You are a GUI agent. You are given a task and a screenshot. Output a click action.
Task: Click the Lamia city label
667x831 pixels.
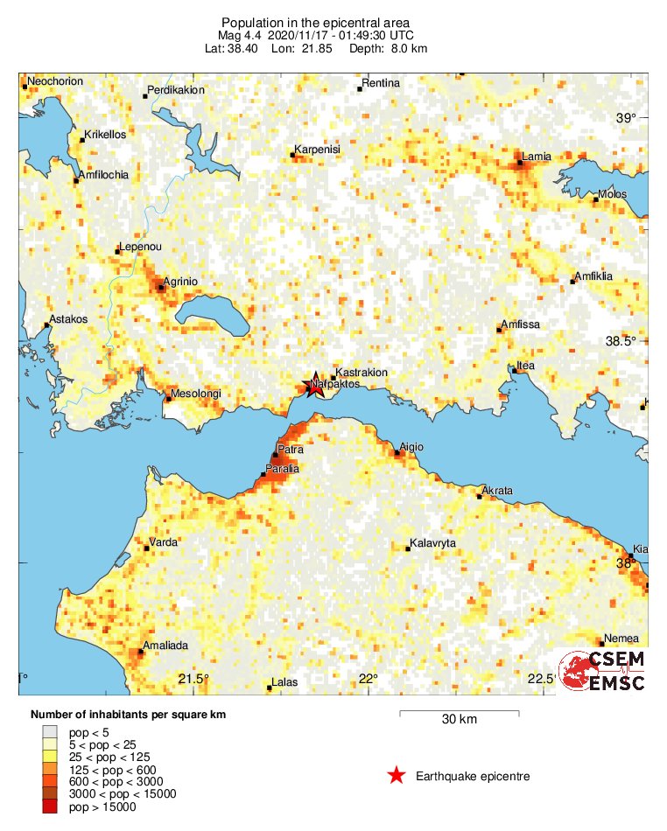point(537,157)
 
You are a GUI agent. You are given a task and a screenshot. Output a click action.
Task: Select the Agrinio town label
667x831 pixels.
point(181,282)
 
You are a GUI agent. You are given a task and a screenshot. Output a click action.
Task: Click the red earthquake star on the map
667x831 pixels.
point(314,386)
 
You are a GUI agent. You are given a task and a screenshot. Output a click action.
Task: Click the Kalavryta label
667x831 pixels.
point(432,543)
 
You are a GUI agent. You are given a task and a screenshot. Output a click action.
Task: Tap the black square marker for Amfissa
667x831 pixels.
point(500,331)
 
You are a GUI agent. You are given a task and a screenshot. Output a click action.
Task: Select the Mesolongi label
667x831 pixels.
point(195,394)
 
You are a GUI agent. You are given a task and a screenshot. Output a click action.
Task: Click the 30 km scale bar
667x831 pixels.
point(459,714)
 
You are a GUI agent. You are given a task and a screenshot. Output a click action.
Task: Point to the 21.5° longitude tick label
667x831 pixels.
point(193,680)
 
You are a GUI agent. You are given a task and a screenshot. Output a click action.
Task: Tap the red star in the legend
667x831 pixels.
point(397,776)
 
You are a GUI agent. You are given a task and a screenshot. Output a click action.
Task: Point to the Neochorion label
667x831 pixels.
point(55,82)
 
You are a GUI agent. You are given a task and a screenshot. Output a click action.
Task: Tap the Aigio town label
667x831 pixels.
point(411,447)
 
